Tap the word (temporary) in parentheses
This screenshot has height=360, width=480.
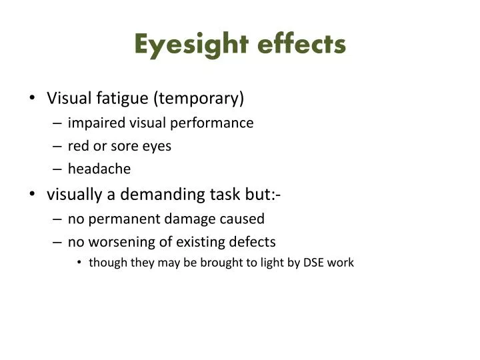click(199, 99)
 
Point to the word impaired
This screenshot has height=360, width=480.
click(91, 123)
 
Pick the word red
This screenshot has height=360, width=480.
click(79, 146)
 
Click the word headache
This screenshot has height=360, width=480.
click(99, 169)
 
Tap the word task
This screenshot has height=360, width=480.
click(226, 195)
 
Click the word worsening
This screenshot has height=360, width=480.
click(117, 241)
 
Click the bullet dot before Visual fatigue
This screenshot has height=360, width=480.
click(33, 99)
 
